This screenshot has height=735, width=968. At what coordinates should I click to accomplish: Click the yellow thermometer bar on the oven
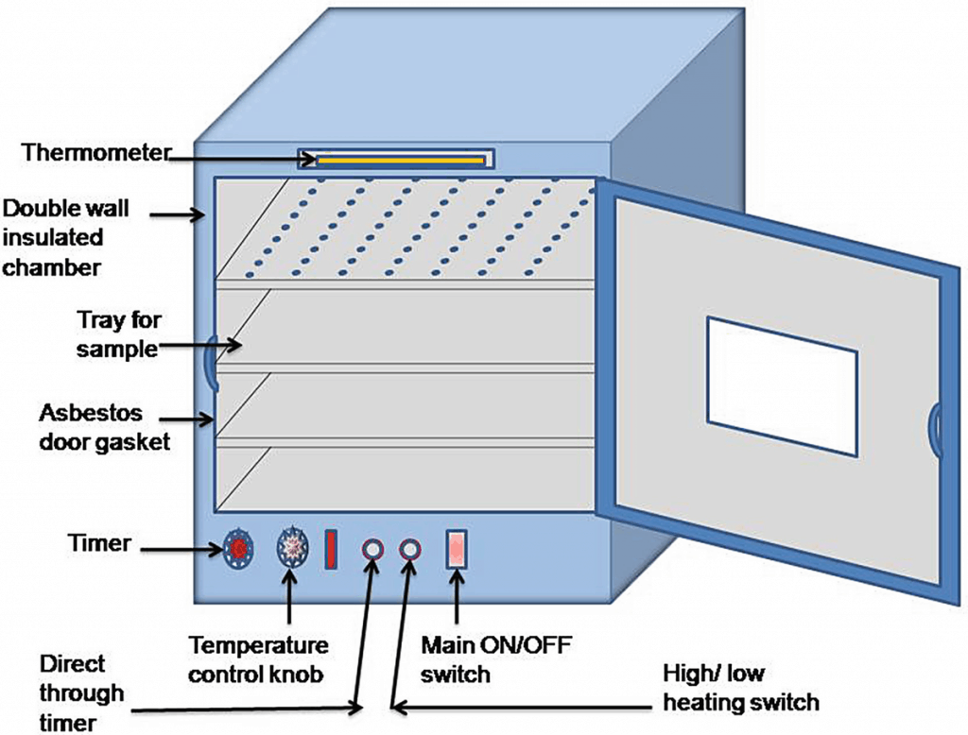(401, 161)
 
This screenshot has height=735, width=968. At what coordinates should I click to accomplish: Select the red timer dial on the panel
(238, 549)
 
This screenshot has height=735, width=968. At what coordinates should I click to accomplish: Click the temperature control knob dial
(291, 549)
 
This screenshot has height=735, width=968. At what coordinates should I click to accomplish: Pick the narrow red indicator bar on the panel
(331, 550)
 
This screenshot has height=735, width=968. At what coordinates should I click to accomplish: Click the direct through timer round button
(372, 550)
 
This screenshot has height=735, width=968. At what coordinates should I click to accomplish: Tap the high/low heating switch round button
(409, 550)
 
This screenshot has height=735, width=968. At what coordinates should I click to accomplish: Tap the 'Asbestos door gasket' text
(104, 427)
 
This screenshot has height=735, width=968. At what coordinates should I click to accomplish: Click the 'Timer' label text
(98, 543)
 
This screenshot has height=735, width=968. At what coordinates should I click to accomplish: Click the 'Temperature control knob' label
(258, 659)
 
